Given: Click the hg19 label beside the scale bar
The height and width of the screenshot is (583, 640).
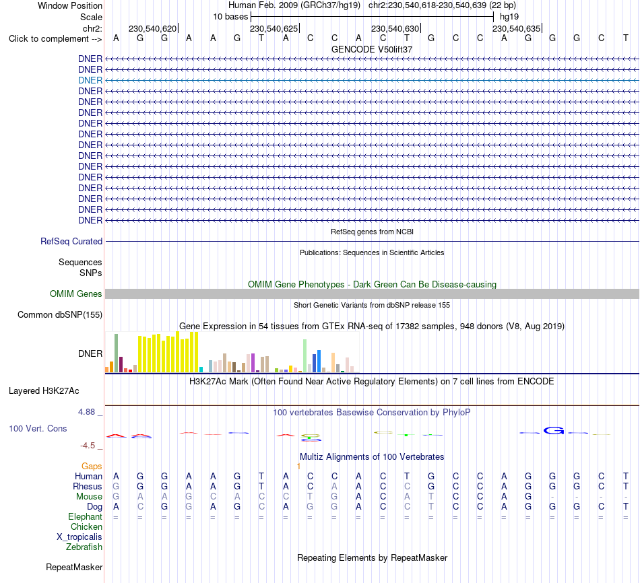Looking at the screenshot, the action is (509, 17).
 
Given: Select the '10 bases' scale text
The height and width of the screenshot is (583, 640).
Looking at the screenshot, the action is (230, 17).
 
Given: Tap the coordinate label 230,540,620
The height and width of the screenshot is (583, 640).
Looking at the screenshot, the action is (153, 28).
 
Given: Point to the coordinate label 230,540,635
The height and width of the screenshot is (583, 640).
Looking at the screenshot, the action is (516, 28).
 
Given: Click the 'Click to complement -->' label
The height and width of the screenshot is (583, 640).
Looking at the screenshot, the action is (55, 39).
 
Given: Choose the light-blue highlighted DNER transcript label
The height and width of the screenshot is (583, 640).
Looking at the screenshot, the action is (90, 80).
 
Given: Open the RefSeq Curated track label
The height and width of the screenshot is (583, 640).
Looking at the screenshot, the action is (71, 241).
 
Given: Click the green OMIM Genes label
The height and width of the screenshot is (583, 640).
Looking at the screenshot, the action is (76, 294).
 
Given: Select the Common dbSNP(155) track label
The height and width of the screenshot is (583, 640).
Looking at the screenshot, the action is (60, 314).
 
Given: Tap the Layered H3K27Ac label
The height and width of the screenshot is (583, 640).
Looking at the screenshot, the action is (44, 391).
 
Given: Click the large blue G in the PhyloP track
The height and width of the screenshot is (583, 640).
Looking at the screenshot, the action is (554, 430).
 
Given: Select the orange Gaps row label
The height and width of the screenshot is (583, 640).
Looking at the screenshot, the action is (92, 466).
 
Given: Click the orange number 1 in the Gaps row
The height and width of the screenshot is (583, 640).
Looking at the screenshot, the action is (298, 466).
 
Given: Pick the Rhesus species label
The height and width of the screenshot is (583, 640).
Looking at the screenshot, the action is (88, 486).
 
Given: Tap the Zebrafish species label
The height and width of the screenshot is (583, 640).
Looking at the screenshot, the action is (84, 547).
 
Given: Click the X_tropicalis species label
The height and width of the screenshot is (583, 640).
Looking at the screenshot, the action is (79, 537).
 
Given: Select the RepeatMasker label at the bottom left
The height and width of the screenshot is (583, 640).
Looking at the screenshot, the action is (74, 567).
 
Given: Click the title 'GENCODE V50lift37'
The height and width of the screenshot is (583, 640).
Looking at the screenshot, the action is (372, 49).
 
